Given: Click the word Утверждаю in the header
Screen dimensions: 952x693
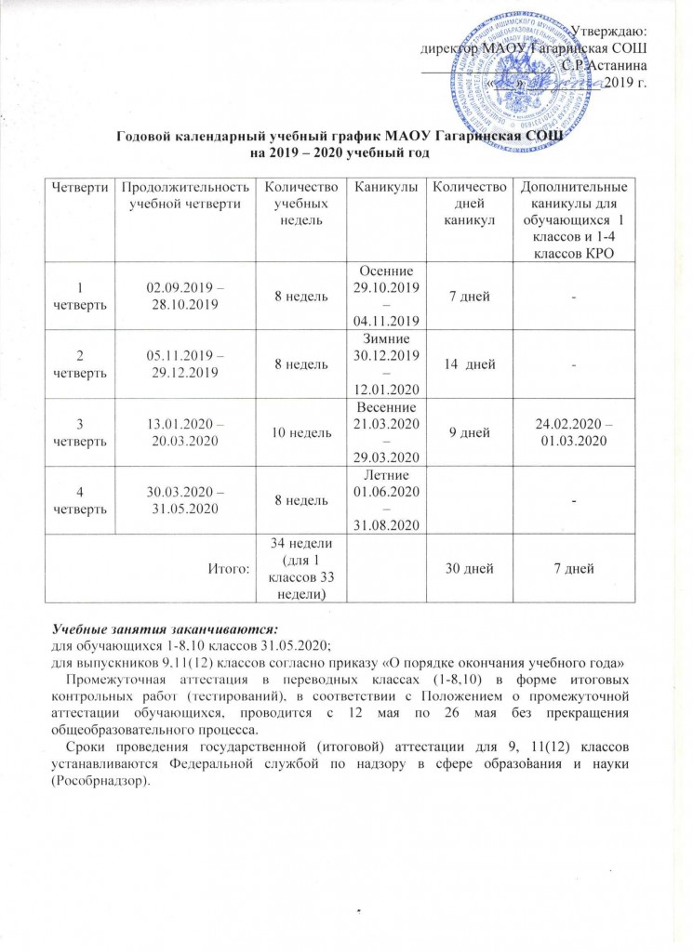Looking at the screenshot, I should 609,33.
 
